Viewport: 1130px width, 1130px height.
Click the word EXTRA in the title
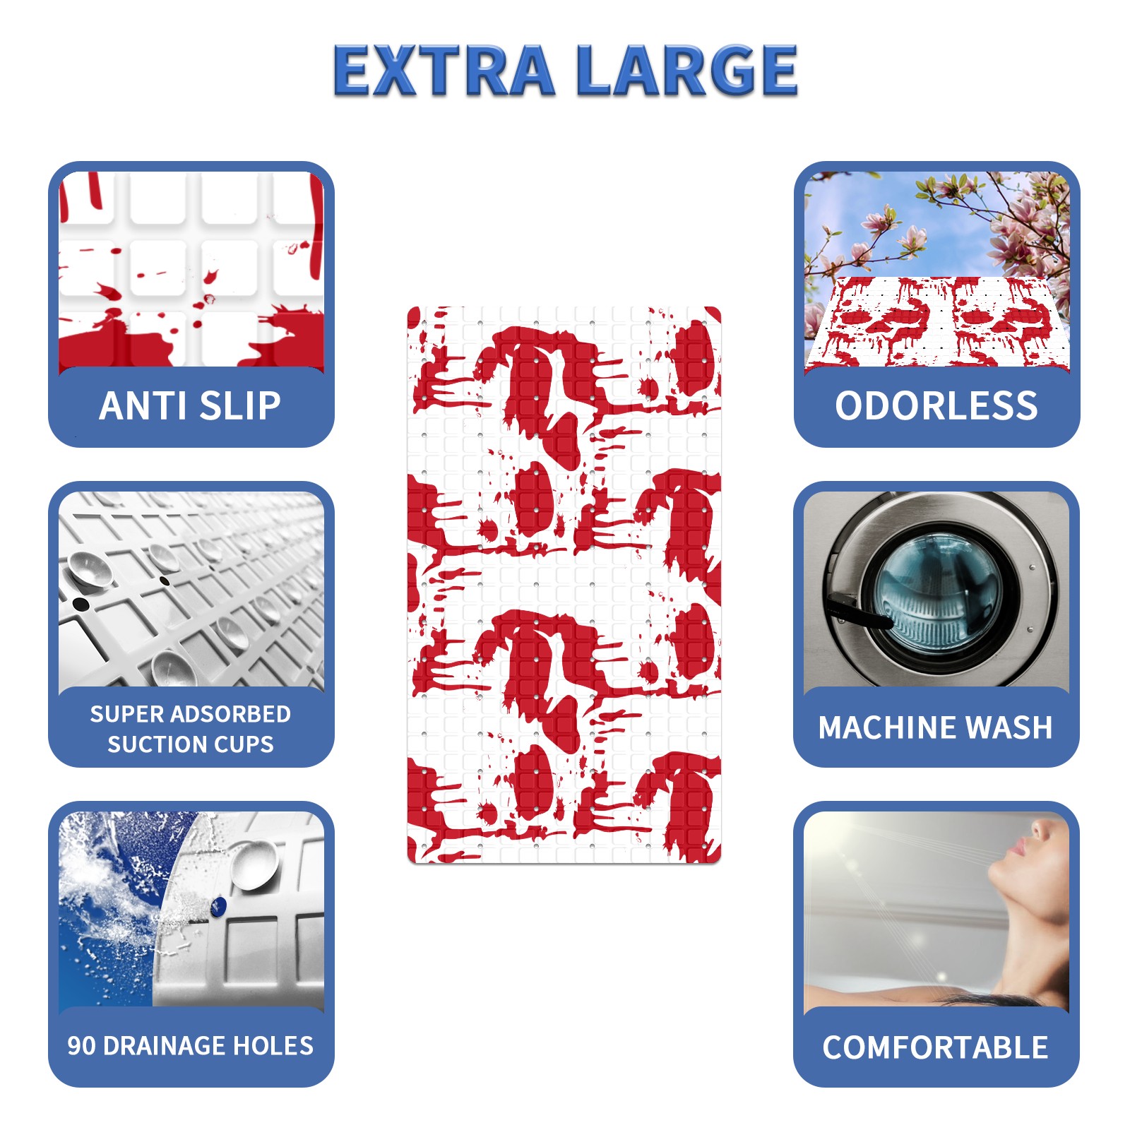coord(443,70)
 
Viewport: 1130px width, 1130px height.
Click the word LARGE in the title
coord(687,70)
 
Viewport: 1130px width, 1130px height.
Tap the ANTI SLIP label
coord(190,405)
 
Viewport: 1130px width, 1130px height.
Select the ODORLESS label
coord(936,405)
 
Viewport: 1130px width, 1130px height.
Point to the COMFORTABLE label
coord(935,1047)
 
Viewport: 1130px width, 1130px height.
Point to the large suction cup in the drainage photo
coord(254,866)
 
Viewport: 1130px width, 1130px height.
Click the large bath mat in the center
coord(564,585)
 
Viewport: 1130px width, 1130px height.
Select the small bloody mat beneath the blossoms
coord(937,321)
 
